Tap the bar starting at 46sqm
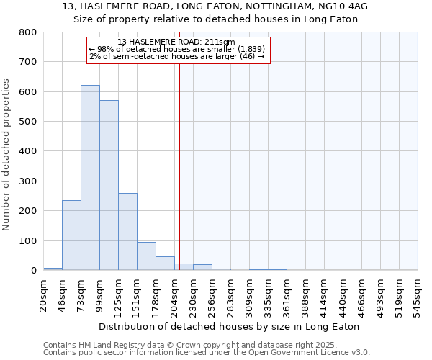(x=71, y=235)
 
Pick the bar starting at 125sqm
(x=127, y=231)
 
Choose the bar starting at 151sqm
(x=146, y=256)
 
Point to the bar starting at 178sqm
(x=165, y=263)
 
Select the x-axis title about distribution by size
(x=228, y=326)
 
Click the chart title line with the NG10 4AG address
(x=215, y=6)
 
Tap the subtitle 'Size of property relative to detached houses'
(x=215, y=19)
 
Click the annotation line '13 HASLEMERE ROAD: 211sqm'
(x=176, y=42)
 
